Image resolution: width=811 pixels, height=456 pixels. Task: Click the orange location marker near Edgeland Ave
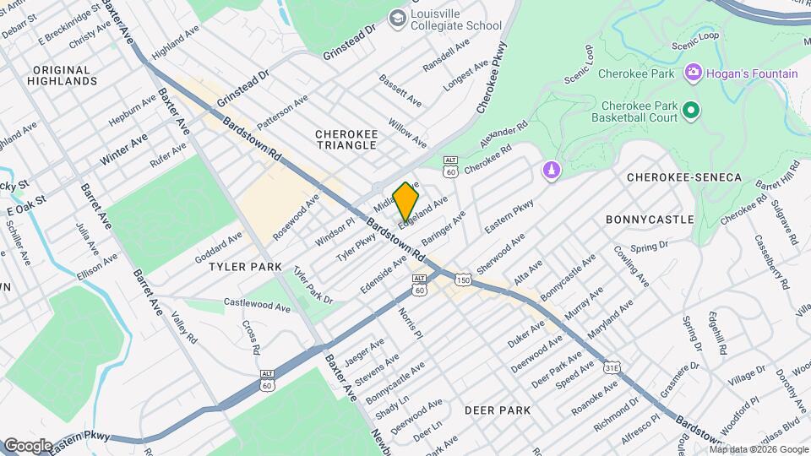[406, 200]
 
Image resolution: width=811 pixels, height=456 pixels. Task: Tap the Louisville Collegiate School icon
[397, 18]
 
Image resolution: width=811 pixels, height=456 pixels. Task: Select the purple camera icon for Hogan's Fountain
[694, 73]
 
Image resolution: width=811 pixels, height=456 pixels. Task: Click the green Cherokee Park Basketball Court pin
[690, 111]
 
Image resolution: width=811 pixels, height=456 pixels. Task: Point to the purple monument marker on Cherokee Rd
[551, 171]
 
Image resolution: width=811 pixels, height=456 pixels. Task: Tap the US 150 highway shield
[462, 279]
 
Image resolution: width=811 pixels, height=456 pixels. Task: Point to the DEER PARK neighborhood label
[498, 410]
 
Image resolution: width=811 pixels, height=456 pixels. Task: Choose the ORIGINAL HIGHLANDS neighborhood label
[62, 75]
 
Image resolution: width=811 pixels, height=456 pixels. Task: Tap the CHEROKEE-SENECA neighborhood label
[683, 177]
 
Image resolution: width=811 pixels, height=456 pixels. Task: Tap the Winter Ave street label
[123, 149]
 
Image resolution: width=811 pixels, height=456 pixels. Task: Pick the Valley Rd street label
[182, 327]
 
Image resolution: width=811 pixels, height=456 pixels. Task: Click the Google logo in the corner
[28, 445]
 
